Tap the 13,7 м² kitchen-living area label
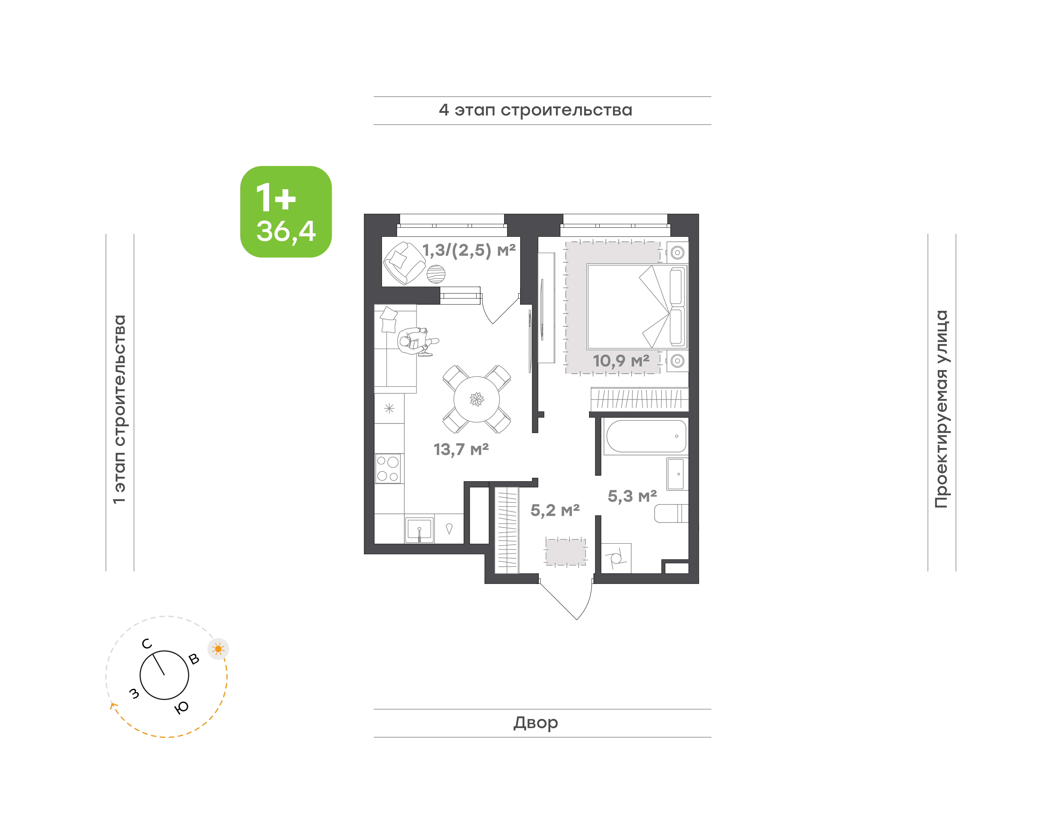tap(461, 449)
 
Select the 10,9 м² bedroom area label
tap(621, 361)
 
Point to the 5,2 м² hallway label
tap(555, 510)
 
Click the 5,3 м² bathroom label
tap(632, 496)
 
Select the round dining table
tap(476, 399)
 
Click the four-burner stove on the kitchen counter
tap(388, 469)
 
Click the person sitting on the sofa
tap(417, 341)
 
